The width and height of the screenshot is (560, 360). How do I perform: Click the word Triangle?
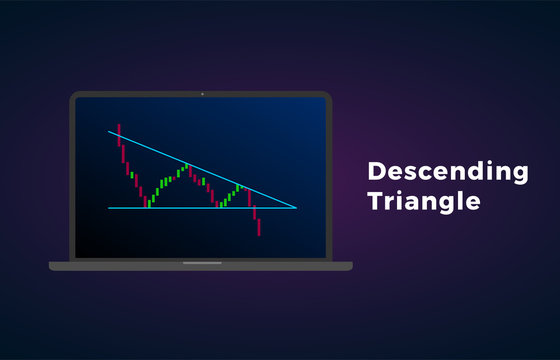pos(423,201)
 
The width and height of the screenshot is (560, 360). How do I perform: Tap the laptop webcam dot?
pos(201,95)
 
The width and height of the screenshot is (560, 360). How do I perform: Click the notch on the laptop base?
pos(201,264)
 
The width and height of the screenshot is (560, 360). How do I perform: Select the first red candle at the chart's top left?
pos(119,134)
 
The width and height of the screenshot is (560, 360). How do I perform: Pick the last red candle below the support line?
pos(259,227)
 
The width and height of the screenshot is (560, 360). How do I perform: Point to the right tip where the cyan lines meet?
pos(296,208)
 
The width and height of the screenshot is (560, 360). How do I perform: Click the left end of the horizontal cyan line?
pos(109,208)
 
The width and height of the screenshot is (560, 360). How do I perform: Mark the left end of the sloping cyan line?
pos(109,131)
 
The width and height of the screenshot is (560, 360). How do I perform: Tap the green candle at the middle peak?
pos(185,166)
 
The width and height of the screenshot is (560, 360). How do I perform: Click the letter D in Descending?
pos(375,171)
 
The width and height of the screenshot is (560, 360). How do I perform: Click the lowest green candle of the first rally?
pos(150,201)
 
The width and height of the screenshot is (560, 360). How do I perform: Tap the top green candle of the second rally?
pos(239,187)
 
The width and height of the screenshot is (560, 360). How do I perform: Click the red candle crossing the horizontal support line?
pos(254,211)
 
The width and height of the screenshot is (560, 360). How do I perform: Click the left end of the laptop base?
pos(52,266)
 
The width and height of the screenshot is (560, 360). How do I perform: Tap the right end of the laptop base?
pos(350,266)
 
